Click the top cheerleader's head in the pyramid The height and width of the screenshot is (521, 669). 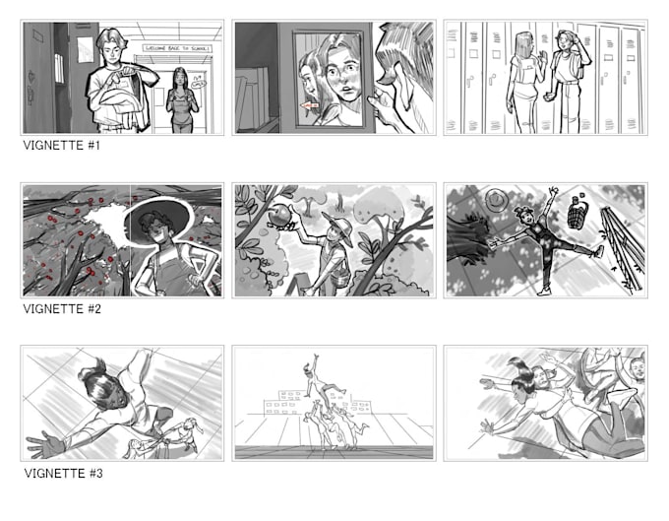pos(314,362)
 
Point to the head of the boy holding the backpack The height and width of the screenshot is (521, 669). pos(110,47)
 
